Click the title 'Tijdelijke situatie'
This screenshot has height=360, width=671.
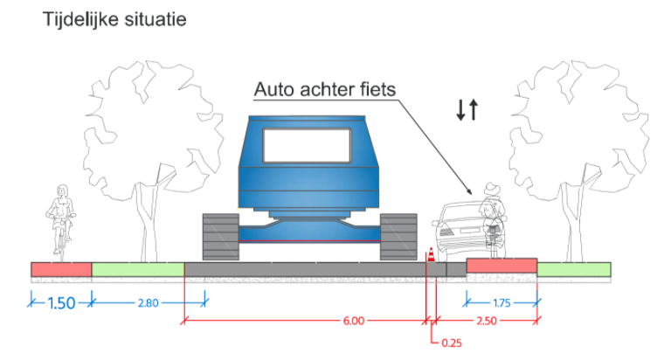[x=114, y=19]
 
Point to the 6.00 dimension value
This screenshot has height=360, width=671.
[x=353, y=321]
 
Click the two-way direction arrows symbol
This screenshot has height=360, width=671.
[x=466, y=109]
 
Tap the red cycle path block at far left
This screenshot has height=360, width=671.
[x=61, y=269]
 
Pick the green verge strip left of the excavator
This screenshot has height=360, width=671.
[x=137, y=269]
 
